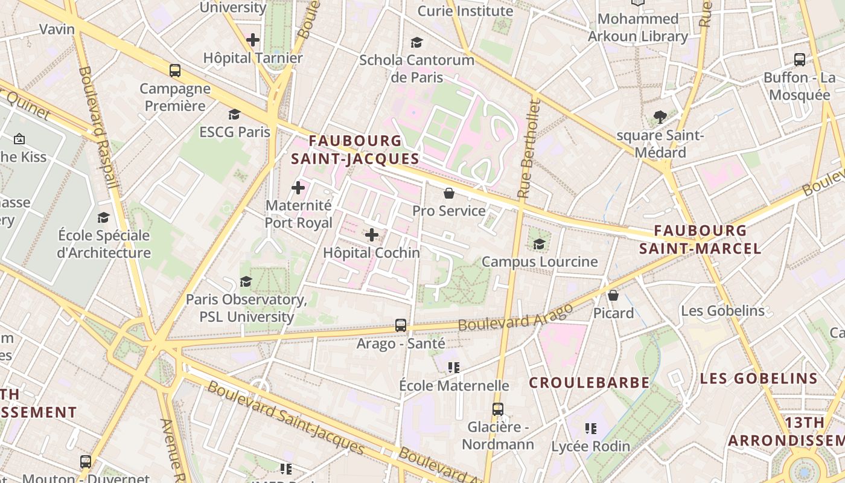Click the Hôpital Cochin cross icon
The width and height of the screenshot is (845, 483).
tap(372, 235)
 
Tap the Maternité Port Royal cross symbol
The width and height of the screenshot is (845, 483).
tap(298, 188)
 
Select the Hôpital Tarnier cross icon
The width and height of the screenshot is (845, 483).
tap(253, 40)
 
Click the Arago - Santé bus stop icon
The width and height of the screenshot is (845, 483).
tap(401, 325)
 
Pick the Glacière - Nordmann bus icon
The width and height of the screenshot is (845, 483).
tap(497, 409)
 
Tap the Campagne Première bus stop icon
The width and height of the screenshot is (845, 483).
tap(175, 71)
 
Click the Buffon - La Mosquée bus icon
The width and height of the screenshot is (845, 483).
tap(800, 60)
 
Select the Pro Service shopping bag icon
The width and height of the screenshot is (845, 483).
tap(449, 193)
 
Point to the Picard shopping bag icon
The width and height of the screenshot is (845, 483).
tap(613, 295)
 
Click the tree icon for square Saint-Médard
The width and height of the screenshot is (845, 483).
tap(660, 117)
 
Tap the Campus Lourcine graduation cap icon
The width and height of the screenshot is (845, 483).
tap(539, 244)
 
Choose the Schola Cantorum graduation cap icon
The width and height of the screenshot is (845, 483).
tap(416, 42)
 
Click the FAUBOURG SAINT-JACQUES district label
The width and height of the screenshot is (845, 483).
tap(355, 150)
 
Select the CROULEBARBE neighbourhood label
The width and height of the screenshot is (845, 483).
tap(589, 383)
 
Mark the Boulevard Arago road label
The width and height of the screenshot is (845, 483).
tap(515, 317)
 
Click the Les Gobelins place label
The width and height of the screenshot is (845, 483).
tap(722, 311)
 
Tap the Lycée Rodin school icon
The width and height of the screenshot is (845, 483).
tap(591, 429)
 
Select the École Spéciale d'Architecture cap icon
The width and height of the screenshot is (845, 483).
tap(104, 217)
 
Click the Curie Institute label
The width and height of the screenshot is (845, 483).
tap(465, 11)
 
